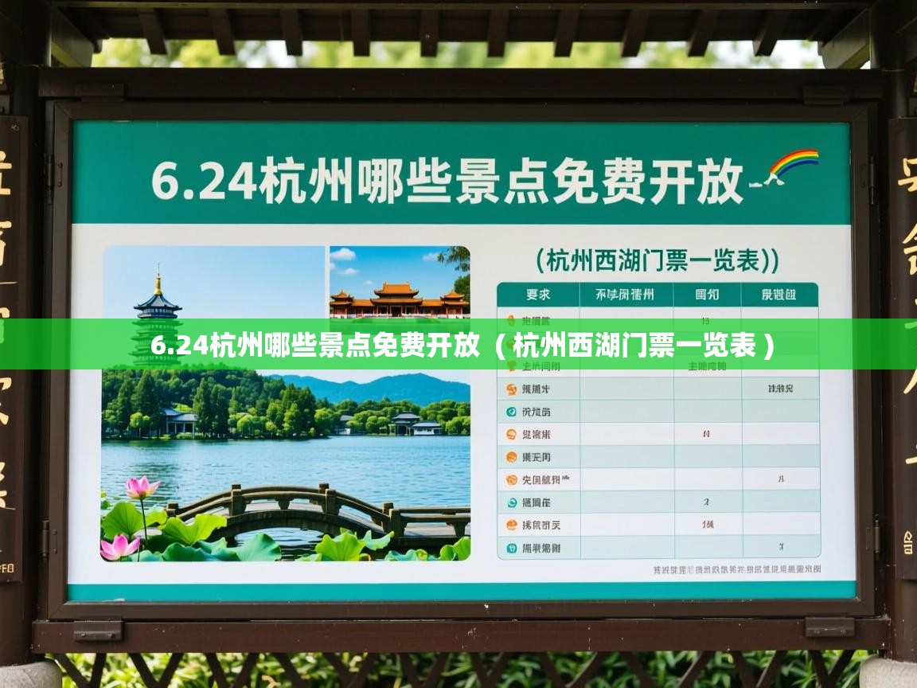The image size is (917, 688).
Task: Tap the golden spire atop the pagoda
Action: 158,279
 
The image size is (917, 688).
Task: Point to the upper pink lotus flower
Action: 141,487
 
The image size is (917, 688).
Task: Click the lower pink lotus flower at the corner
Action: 119,546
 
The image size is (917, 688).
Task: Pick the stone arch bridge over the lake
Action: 318,510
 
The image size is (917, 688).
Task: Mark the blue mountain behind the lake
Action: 382,388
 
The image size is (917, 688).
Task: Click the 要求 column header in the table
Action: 538,295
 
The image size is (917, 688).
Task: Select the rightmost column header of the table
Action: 778,295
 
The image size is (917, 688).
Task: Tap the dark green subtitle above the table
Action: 657,260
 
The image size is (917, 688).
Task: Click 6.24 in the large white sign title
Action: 203,182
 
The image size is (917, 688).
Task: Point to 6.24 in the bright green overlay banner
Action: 179,346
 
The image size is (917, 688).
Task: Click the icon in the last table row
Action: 510,548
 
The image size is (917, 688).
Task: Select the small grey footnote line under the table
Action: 736,570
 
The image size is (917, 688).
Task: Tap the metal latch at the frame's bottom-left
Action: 97,630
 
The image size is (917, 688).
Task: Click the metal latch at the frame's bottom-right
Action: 829,626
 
